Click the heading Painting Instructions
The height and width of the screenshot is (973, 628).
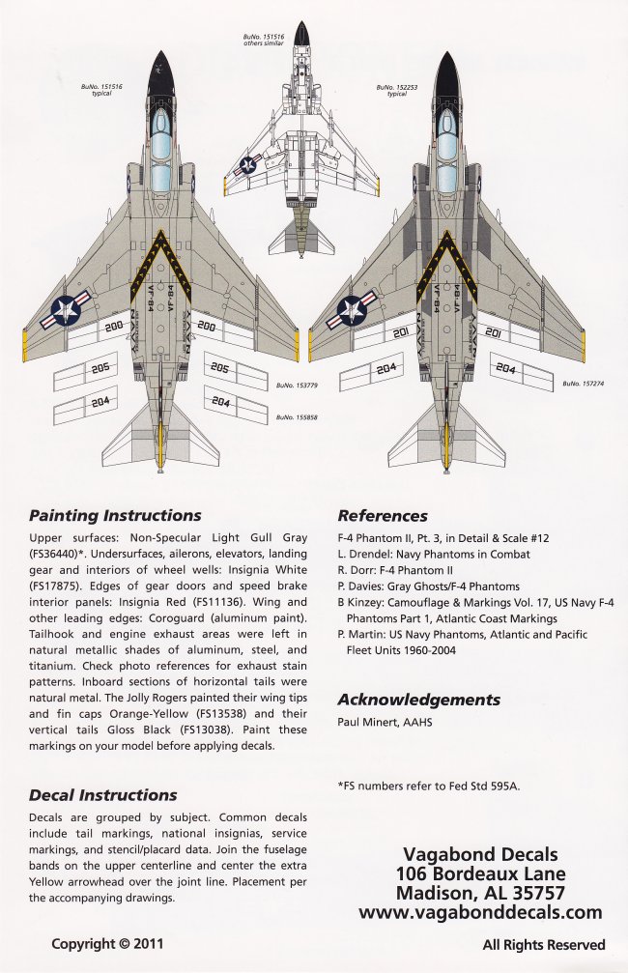(115, 515)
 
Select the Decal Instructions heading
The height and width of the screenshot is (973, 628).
(102, 795)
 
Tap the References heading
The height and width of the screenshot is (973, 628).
(383, 515)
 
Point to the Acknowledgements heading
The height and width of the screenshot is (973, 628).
(418, 700)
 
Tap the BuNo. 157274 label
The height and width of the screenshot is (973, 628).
(585, 384)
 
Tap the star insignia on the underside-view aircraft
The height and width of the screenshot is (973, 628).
(249, 167)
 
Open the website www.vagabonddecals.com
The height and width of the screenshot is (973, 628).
(480, 912)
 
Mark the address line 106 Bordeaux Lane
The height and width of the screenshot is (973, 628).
(480, 873)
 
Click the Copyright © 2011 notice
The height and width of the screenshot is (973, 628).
(108, 944)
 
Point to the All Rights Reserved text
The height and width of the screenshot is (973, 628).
(544, 944)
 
